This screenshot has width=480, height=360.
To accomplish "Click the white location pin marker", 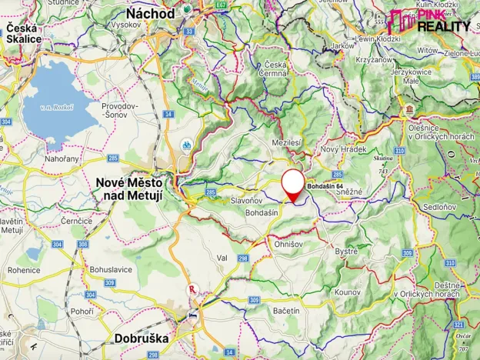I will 292,185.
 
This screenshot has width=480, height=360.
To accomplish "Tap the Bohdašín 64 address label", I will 325,187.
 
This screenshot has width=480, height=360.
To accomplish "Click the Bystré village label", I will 347,251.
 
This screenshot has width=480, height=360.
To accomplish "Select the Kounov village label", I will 348,292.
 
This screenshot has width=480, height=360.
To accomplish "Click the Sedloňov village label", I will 439,207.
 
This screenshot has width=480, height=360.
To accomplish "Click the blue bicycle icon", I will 187,144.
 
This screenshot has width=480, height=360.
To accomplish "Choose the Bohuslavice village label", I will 112,269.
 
